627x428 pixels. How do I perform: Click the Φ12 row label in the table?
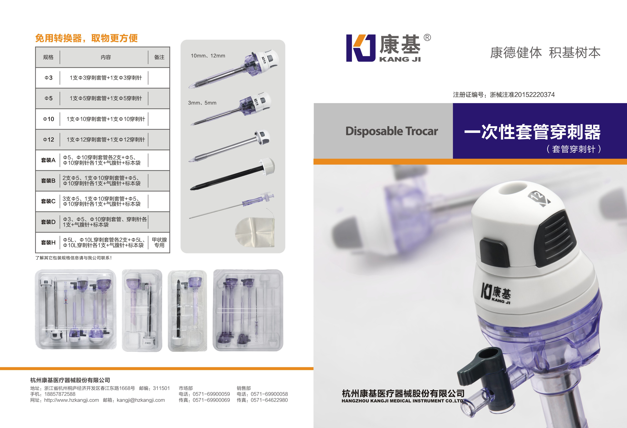click(x=49, y=140)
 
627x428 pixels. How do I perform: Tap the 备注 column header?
click(x=159, y=57)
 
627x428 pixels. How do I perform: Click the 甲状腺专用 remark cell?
click(x=159, y=242)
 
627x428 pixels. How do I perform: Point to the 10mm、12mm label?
click(x=208, y=56)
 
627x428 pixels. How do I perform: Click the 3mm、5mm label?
click(x=202, y=103)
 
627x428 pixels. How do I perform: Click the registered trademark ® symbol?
click(x=427, y=38)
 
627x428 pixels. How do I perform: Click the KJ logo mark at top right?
click(x=361, y=48)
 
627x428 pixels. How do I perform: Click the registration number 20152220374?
click(x=535, y=95)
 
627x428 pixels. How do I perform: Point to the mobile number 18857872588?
click(x=60, y=394)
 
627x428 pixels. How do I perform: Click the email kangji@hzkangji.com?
click(x=141, y=400)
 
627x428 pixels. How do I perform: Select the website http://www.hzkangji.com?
click(x=71, y=400)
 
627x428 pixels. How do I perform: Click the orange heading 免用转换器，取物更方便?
click(x=87, y=38)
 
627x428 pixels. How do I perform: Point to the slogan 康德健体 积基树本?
click(x=545, y=53)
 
